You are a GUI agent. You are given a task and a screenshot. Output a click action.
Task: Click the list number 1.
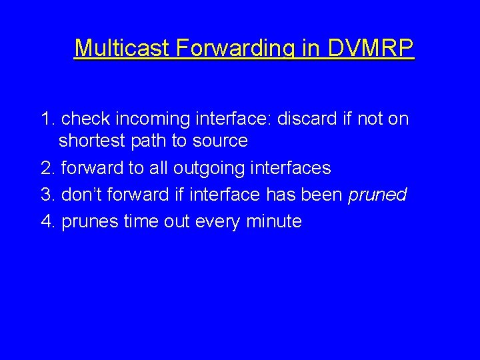pyautogui.click(x=46, y=119)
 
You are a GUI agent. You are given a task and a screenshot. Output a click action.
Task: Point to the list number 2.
pyautogui.click(x=46, y=168)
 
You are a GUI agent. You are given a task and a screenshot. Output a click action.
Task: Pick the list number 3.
pyautogui.click(x=46, y=195)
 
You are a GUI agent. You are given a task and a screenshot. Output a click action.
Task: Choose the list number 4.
pyautogui.click(x=46, y=221)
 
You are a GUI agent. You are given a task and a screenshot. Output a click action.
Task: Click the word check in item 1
pyautogui.click(x=85, y=119)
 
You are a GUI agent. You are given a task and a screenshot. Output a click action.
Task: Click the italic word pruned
pyautogui.click(x=377, y=195)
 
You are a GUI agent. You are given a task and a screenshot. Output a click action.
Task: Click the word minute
pyautogui.click(x=274, y=221)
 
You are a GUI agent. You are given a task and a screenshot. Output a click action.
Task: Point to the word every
pyautogui.click(x=218, y=221)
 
